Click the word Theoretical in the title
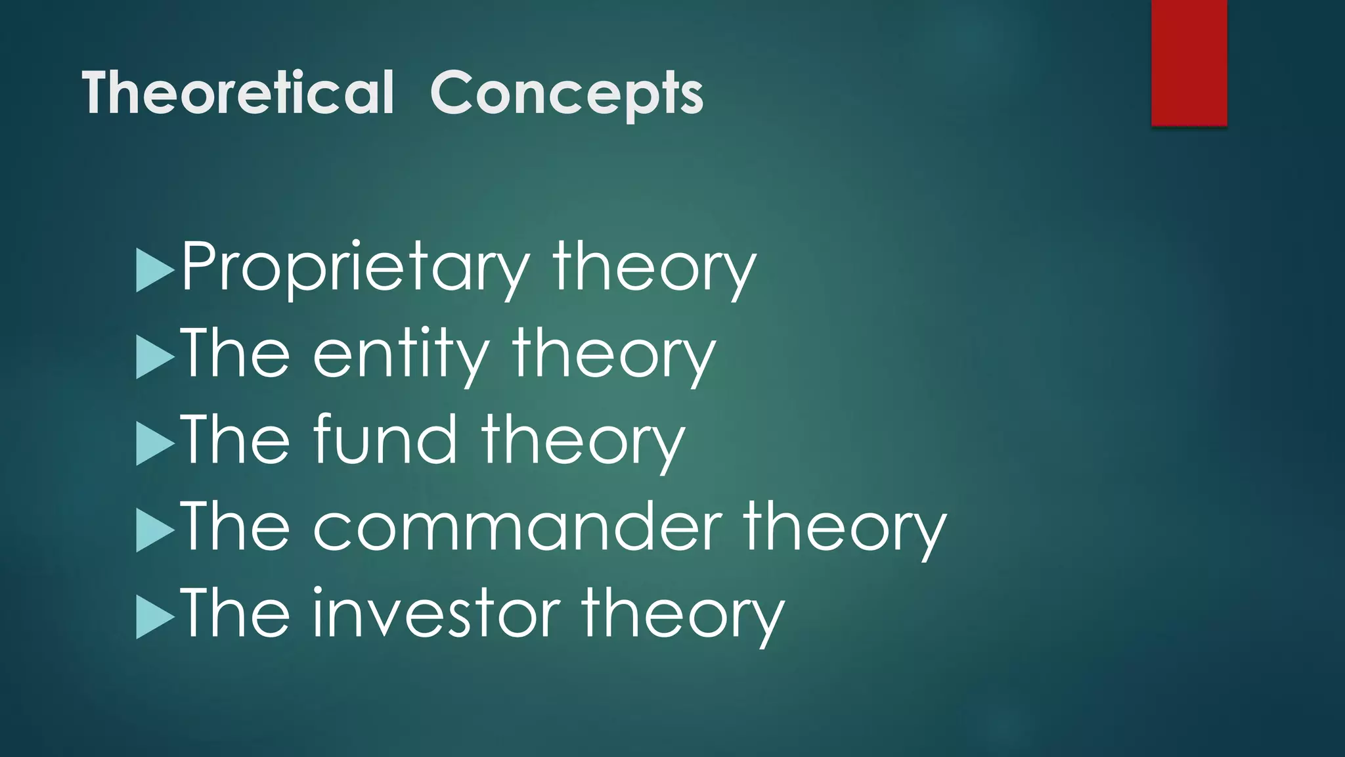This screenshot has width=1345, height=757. (238, 93)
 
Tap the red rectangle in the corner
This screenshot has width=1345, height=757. (1189, 62)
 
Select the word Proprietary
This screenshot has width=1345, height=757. (355, 268)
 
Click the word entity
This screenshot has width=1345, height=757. (401, 355)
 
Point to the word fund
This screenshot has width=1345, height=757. (385, 440)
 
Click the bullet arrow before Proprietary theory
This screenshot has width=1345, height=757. (155, 270)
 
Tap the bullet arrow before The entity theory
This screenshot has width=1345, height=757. (155, 357)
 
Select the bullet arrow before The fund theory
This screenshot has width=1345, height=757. (155, 444)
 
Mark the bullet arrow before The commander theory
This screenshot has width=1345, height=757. (155, 530)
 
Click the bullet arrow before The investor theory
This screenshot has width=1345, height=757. (155, 617)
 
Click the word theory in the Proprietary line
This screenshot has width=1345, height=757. (654, 268)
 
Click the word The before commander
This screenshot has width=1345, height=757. (235, 527)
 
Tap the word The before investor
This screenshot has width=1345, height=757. (235, 614)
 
